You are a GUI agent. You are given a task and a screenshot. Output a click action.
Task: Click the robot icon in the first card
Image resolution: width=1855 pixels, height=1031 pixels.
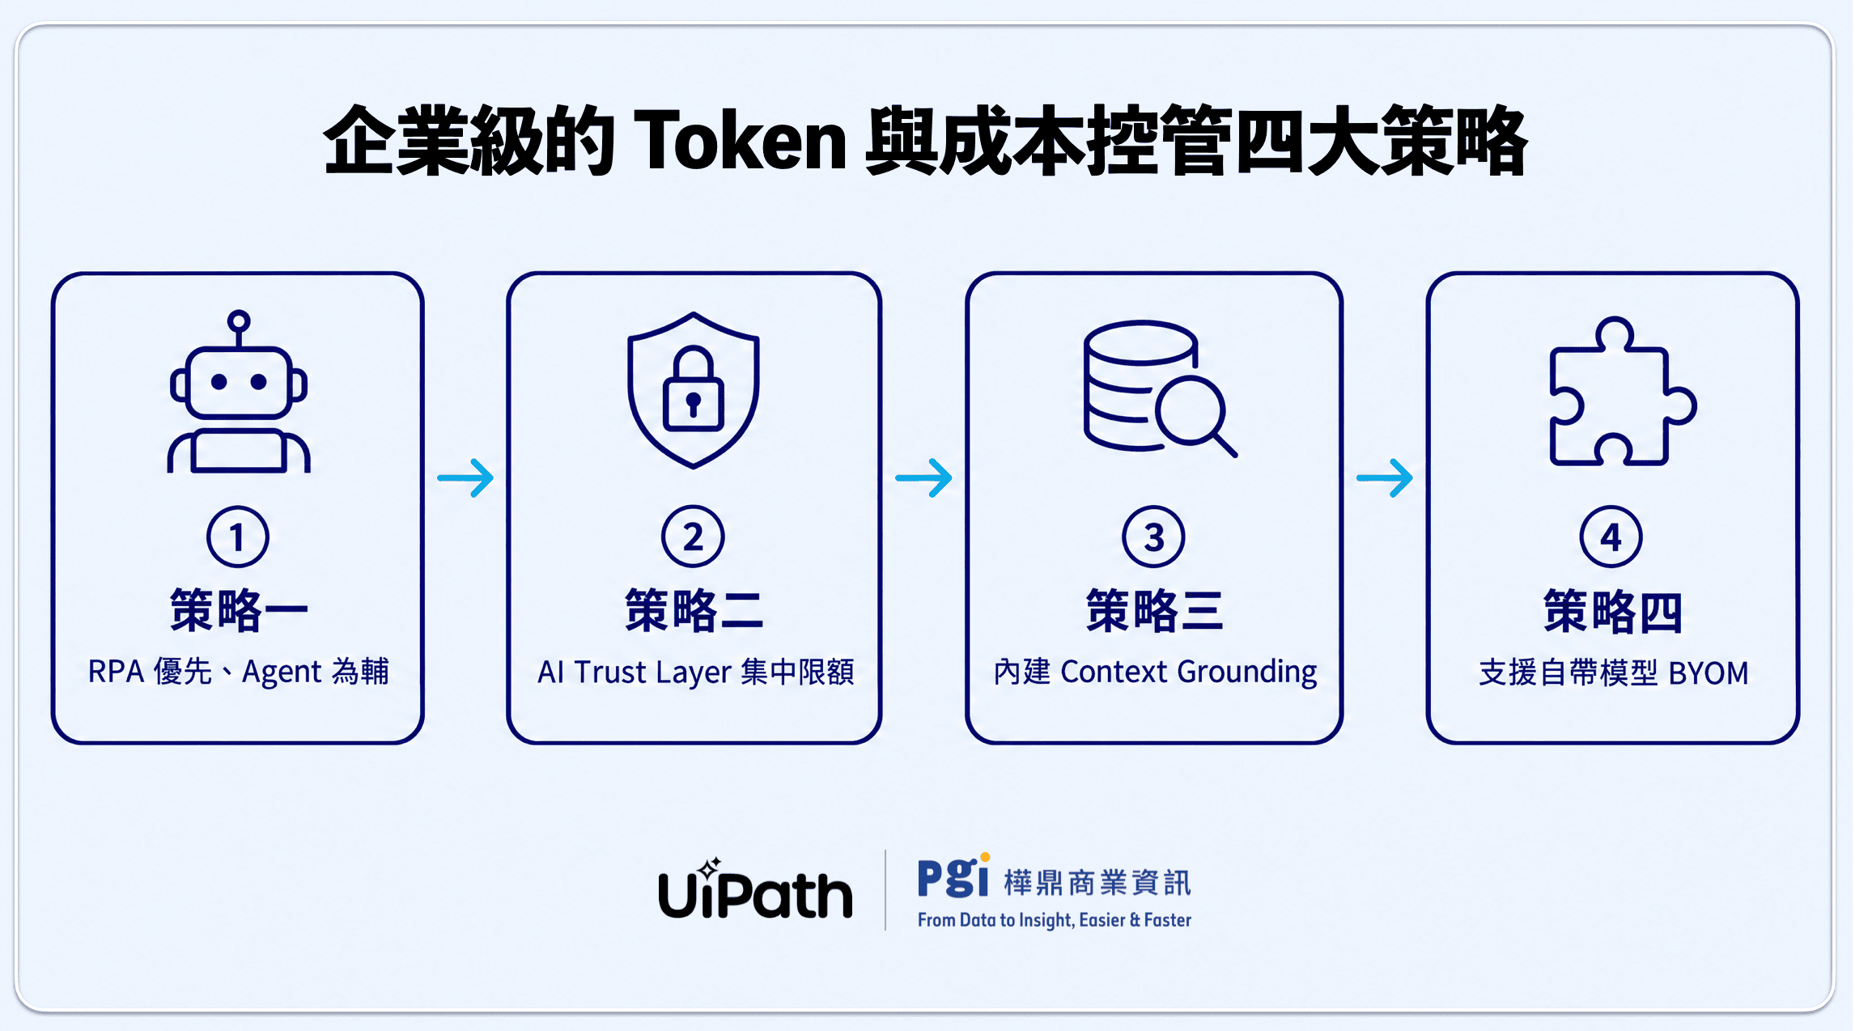coord(239,392)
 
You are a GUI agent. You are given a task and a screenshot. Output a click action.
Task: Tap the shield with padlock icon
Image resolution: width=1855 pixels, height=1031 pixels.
coord(694,390)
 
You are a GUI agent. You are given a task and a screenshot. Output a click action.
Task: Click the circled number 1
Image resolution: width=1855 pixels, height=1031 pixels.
coord(237,537)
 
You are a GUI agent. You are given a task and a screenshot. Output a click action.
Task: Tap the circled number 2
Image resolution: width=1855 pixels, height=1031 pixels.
coord(693,537)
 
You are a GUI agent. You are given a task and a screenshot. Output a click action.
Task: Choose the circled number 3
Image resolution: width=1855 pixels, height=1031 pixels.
coord(1154,537)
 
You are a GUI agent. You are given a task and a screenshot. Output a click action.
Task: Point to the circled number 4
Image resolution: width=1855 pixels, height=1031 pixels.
coord(1611,537)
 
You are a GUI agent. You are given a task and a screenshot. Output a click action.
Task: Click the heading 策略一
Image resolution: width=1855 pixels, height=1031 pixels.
coord(239,610)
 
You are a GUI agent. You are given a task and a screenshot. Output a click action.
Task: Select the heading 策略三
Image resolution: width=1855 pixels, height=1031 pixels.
coord(1154,610)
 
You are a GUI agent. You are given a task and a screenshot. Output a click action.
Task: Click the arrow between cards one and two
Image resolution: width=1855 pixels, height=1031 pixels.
coord(465,478)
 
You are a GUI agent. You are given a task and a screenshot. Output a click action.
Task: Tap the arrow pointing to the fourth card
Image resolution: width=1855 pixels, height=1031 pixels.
coord(1385,478)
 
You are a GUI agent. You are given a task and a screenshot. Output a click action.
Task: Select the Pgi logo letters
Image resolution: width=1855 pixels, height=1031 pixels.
coord(953,876)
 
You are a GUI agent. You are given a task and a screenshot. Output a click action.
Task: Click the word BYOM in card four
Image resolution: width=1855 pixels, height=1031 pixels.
coord(1709,673)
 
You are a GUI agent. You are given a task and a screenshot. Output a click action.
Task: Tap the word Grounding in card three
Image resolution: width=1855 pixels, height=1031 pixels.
coord(1247,672)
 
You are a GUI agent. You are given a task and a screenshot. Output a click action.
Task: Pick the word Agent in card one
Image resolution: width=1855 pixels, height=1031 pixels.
coord(282,672)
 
